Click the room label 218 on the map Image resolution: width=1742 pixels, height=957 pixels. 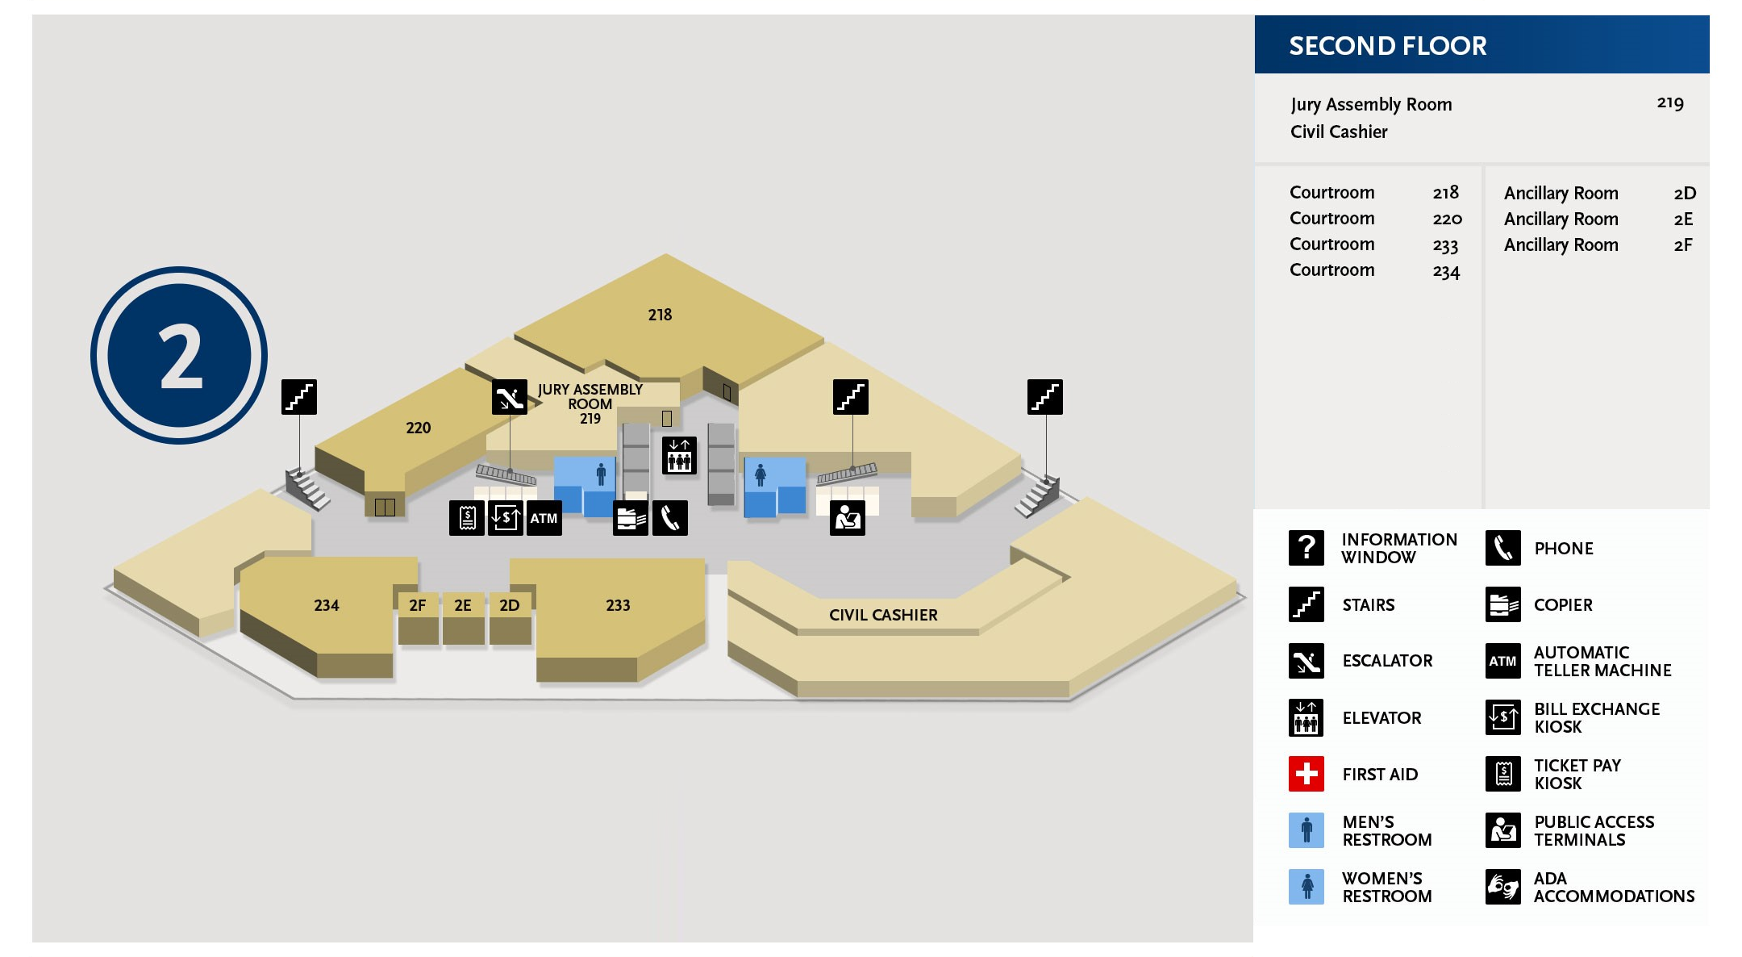coord(660,315)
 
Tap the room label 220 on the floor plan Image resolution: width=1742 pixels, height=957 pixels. coord(418,428)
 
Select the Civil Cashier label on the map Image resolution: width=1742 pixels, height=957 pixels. coord(883,615)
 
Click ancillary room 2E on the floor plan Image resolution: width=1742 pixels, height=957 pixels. coord(462,605)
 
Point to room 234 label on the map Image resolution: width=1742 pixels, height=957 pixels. coord(326,605)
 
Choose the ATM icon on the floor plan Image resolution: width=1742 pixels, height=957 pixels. coord(544,518)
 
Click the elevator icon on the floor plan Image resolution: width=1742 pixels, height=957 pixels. coord(679,455)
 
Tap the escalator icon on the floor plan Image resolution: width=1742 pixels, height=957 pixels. coord(510,397)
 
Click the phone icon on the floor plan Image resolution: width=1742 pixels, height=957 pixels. coord(670,518)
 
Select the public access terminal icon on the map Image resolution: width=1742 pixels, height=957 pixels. coord(848,518)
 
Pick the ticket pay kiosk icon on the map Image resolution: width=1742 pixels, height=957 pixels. coord(467,518)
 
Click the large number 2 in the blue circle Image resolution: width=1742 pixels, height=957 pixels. coord(180,356)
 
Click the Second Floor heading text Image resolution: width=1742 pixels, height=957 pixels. coord(1387,46)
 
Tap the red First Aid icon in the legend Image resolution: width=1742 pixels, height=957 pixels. coord(1306,774)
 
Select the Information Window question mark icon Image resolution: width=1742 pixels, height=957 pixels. coord(1306,548)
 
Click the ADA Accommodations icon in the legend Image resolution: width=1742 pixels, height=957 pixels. coord(1502,887)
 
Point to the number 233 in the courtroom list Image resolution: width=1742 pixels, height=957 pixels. coord(1445,245)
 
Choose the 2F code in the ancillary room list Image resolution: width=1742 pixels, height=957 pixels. coord(1683,245)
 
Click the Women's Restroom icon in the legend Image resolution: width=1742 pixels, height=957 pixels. coord(1306,887)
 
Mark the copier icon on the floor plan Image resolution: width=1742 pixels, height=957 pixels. coord(631,518)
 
